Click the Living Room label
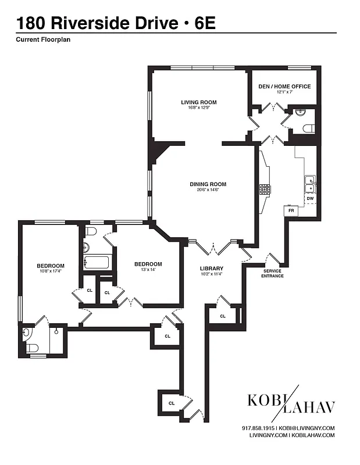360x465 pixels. [x=198, y=102]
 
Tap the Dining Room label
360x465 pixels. [x=208, y=184]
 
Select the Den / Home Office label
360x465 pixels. [x=285, y=86]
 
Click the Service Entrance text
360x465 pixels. [x=273, y=273]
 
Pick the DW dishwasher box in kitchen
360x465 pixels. [x=310, y=199]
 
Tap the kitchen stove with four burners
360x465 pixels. [x=265, y=189]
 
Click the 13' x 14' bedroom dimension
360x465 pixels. [x=148, y=270]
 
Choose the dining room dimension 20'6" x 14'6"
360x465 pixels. [x=208, y=190]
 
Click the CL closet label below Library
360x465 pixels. [x=223, y=316]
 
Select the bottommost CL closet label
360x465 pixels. [x=172, y=403]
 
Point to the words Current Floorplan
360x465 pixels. [x=44, y=40]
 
